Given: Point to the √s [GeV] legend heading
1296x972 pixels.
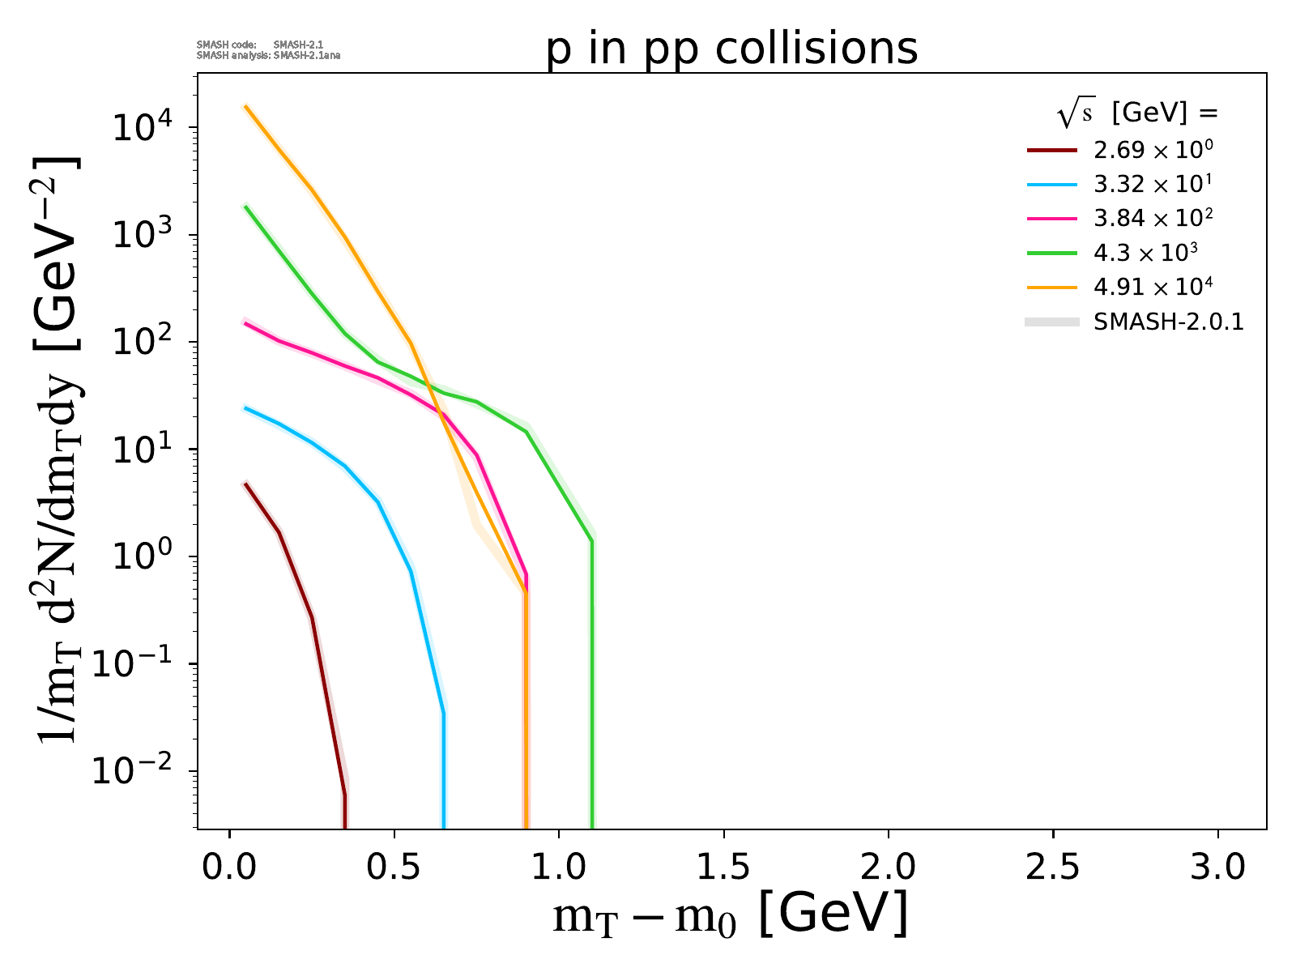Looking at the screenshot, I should pyautogui.click(x=1137, y=114).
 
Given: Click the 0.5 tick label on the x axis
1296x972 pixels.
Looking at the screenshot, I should pyautogui.click(x=394, y=868).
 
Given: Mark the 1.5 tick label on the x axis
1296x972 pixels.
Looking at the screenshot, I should pyautogui.click(x=723, y=868).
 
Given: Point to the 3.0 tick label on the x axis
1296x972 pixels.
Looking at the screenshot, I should pyautogui.click(x=1217, y=868).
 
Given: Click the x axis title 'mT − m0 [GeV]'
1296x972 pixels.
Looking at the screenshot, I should pyautogui.click(x=730, y=914).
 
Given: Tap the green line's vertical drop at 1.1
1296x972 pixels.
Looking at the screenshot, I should pyautogui.click(x=592, y=688).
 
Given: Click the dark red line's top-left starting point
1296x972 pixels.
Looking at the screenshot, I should pyautogui.click(x=246, y=484).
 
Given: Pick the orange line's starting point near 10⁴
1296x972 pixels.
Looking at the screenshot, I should pyautogui.click(x=246, y=106).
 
